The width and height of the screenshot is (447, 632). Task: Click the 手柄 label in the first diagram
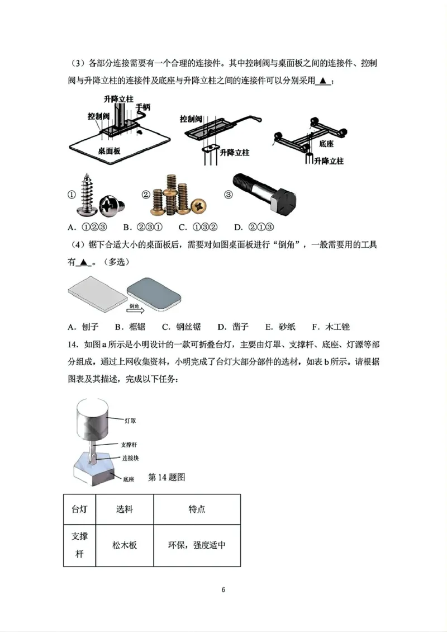pos(142,106)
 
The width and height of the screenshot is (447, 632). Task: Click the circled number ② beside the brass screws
pos(146,195)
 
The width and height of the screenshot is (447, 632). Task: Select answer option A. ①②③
pos(87,227)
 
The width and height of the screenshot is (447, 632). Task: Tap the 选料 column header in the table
pos(125,510)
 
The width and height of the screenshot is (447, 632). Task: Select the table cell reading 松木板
pos(125,545)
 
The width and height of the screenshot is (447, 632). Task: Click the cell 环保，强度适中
pos(197,545)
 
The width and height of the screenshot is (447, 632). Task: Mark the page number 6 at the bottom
pos(223,590)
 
